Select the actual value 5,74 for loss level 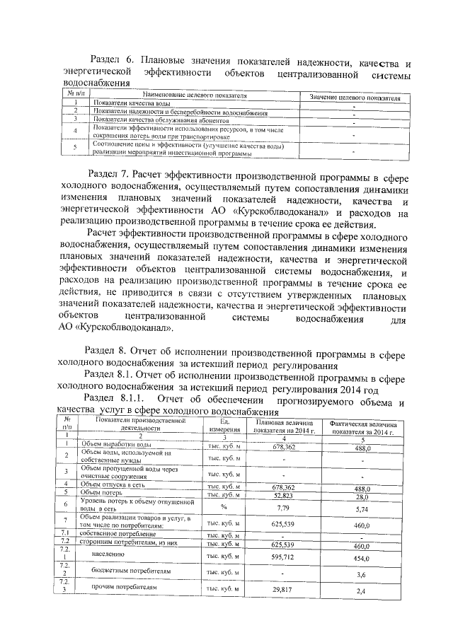[363, 508]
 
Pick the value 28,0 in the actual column [364, 496]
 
